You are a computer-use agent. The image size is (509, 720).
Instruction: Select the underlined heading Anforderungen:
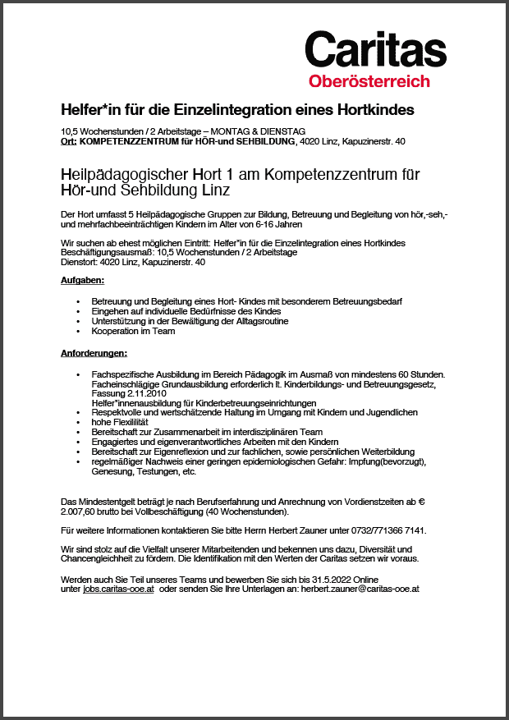pos(94,353)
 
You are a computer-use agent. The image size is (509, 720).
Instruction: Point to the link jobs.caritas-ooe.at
pos(119,589)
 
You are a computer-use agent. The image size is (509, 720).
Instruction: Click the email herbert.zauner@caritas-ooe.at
pos(360,589)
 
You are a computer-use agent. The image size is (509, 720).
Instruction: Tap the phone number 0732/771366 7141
pos(386,530)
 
